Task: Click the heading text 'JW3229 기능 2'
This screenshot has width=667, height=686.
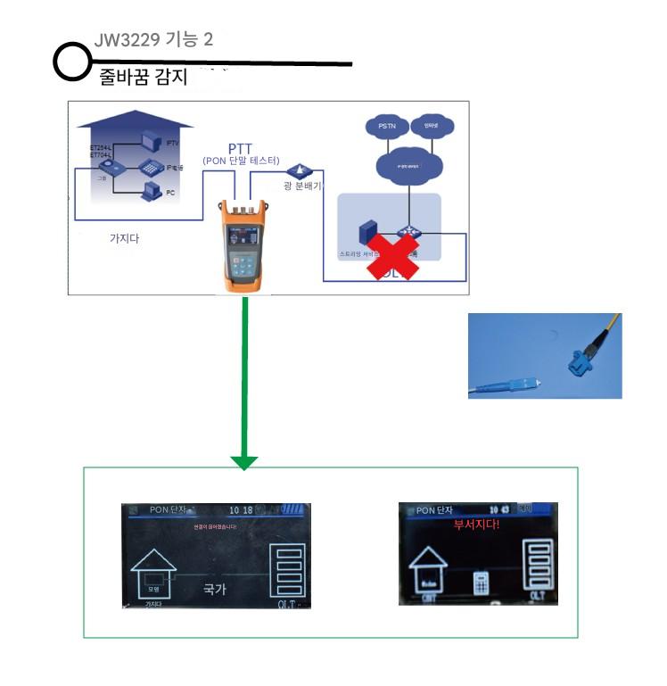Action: click(153, 40)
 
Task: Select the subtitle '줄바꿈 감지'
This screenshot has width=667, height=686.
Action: click(143, 78)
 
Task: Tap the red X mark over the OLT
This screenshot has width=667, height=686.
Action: click(393, 254)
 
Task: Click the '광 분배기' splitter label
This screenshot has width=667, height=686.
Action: click(302, 186)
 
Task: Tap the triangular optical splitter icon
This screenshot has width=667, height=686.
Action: click(297, 169)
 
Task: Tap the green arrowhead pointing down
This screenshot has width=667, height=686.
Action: click(243, 462)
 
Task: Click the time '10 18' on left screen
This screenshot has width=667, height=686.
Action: click(241, 510)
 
